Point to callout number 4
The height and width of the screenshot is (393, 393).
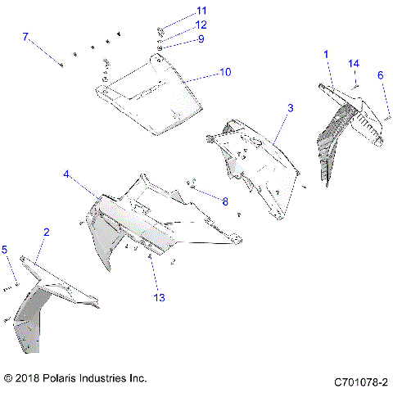pos(66,174)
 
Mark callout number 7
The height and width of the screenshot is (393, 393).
pos(25,37)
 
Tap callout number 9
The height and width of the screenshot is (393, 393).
pos(201,38)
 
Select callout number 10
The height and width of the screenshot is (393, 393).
pos(225,72)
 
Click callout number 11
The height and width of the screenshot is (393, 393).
pos(201,11)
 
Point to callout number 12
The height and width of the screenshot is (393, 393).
pos(201,25)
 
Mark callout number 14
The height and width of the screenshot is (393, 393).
pos(354,63)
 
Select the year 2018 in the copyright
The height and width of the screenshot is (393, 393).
pos(29,378)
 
